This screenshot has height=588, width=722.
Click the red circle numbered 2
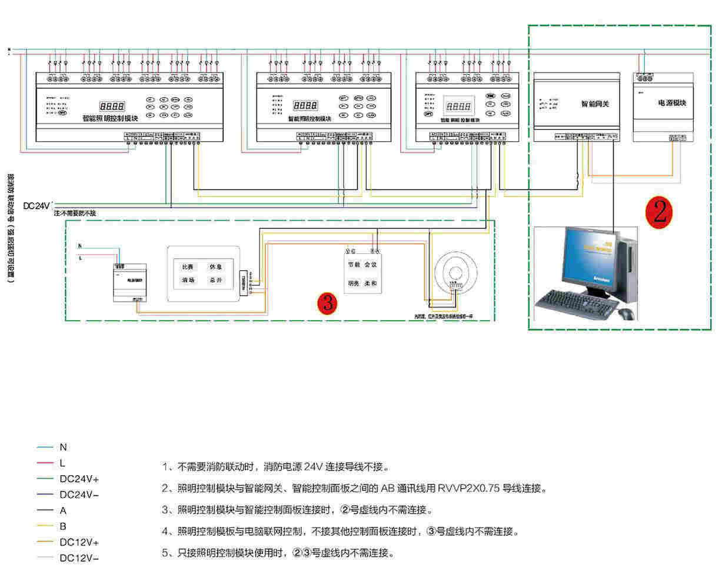pyautogui.click(x=659, y=211)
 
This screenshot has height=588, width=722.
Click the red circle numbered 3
pyautogui.click(x=327, y=303)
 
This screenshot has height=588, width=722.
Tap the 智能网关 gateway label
pyautogui.click(x=595, y=104)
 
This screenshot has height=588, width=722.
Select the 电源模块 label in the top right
pyautogui.click(x=672, y=103)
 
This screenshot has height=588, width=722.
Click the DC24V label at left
pyautogui.click(x=36, y=206)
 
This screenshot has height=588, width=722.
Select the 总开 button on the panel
pyautogui.click(x=215, y=280)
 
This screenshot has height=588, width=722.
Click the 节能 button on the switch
pyautogui.click(x=354, y=265)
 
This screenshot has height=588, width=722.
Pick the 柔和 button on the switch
pyautogui.click(x=370, y=283)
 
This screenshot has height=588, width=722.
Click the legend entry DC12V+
pyautogui.click(x=79, y=542)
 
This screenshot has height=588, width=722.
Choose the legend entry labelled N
pyautogui.click(x=64, y=447)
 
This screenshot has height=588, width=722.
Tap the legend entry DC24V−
pyautogui.click(x=79, y=495)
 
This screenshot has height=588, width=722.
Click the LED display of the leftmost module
pyautogui.click(x=112, y=106)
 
